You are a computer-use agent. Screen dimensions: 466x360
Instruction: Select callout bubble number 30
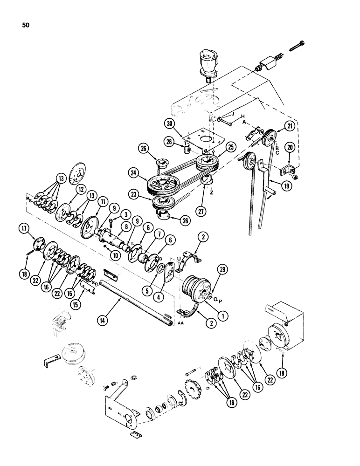pos(169,123)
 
